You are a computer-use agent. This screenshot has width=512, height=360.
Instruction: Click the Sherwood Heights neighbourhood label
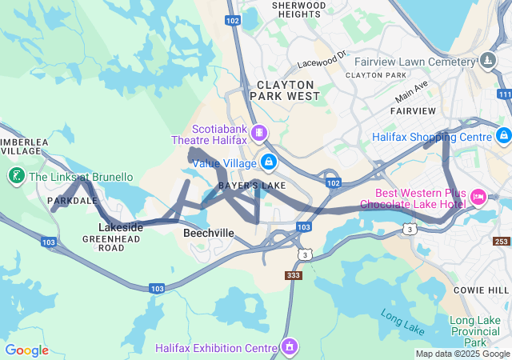coord(299,10)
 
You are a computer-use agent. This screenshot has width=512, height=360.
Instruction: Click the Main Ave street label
coord(411,91)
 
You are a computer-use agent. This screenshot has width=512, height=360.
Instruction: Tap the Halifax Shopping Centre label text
coord(431,137)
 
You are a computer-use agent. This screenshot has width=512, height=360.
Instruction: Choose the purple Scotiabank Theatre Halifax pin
coord(259,132)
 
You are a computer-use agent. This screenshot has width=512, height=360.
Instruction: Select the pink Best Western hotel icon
coord(479,196)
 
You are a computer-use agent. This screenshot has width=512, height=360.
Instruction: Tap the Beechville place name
coord(209,233)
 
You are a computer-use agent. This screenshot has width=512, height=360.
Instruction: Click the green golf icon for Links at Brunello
coord(15,175)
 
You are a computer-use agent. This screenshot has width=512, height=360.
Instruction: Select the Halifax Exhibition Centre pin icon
coord(288,347)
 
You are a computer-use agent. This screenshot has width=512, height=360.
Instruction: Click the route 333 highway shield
coord(294,275)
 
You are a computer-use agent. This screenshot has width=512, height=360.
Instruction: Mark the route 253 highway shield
coord(501,242)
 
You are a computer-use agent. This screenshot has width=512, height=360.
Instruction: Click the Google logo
coord(27,350)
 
